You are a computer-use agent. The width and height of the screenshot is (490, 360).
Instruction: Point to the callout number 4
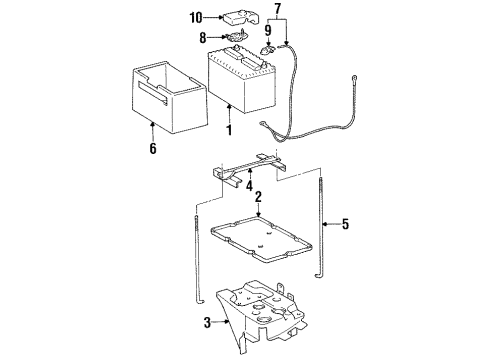point(250,184)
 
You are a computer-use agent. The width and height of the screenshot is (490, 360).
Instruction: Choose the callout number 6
point(152,150)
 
